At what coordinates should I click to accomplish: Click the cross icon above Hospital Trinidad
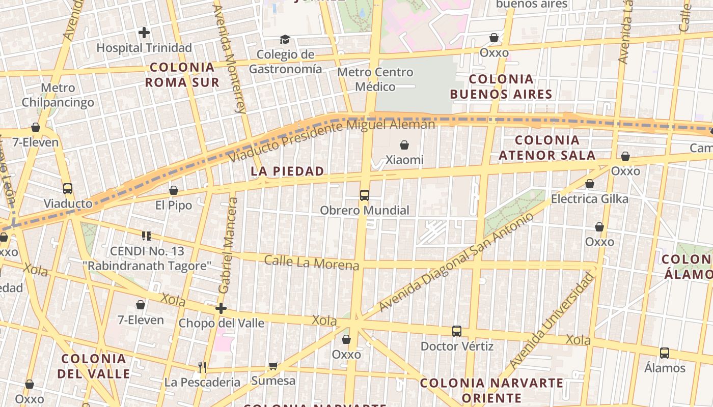coord(144,33)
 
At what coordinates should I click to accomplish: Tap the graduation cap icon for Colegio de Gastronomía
coord(285,39)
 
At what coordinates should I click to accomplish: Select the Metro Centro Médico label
coord(375,79)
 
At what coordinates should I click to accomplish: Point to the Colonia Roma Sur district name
coord(182,75)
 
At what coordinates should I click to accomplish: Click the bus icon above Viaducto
coord(68,189)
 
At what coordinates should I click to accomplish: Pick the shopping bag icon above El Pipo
coord(174,190)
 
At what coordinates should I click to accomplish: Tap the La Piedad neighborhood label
coord(288,171)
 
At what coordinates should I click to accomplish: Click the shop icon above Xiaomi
coord(404,145)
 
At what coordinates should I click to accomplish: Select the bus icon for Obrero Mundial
coord(365,195)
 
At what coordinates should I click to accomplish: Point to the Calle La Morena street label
coord(311,263)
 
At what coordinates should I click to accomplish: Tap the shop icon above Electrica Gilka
coord(590,184)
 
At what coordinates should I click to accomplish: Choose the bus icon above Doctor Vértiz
coord(457,331)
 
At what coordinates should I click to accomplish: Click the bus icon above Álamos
coord(665,353)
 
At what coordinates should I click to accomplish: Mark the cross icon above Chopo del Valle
coord(221,308)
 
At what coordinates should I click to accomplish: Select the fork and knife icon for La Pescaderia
coord(202,367)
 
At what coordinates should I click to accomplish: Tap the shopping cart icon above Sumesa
coord(273,366)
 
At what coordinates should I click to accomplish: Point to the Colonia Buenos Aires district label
coord(501,86)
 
